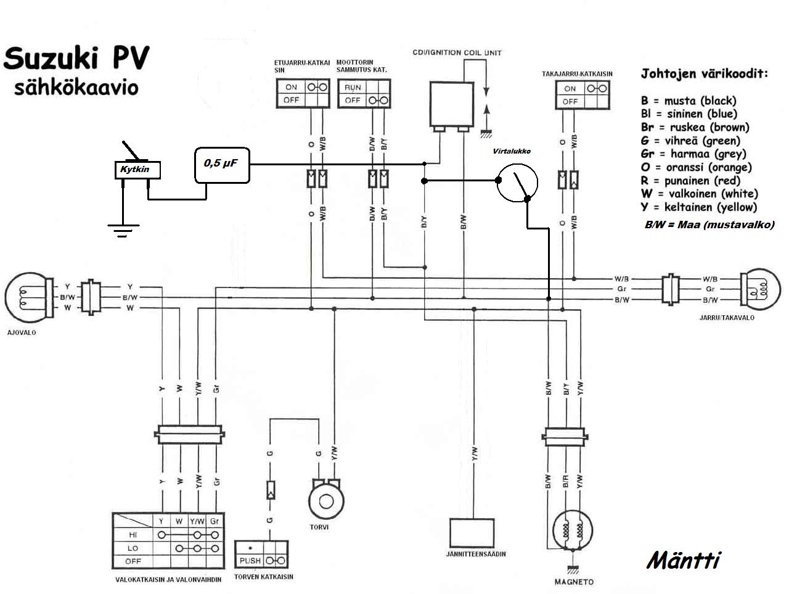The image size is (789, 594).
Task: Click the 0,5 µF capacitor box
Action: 222,165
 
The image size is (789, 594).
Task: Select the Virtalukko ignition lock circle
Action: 517,183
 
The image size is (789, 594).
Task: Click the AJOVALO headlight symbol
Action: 25,299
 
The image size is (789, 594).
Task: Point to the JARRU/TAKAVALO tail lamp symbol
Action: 759,288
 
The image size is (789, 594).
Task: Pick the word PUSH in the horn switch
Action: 250,561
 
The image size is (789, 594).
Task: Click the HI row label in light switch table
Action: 133,535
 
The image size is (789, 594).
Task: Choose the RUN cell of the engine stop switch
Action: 353,88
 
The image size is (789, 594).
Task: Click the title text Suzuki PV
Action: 76,60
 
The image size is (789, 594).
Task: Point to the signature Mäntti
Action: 684,561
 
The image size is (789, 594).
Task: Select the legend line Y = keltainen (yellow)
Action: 698,207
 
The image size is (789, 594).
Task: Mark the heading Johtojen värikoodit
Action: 705,74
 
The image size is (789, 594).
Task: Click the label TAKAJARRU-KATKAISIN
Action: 577,74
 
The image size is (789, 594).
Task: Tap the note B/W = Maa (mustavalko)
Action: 709,225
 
